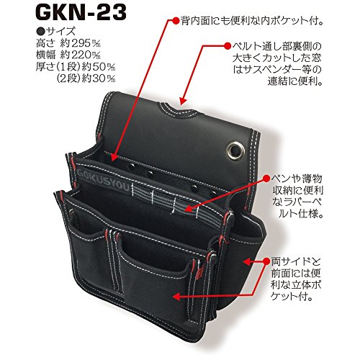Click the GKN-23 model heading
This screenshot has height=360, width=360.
[x=82, y=13]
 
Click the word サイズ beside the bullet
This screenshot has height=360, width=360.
[x=60, y=32]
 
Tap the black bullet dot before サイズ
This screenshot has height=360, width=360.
[x=41, y=32]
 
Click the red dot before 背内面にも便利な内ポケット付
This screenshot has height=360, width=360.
[x=176, y=20]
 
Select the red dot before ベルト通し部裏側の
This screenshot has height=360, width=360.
[x=228, y=45]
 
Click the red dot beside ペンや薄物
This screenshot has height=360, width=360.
[x=266, y=179]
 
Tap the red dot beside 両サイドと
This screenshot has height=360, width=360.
[x=266, y=261]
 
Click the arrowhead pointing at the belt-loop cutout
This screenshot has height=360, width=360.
[x=182, y=100]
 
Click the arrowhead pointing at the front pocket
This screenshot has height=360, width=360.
[x=176, y=297]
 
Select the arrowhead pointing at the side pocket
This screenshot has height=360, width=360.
[x=246, y=261]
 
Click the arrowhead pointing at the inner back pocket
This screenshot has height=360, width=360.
[x=114, y=157]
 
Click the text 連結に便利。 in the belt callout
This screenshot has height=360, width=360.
[x=294, y=82]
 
